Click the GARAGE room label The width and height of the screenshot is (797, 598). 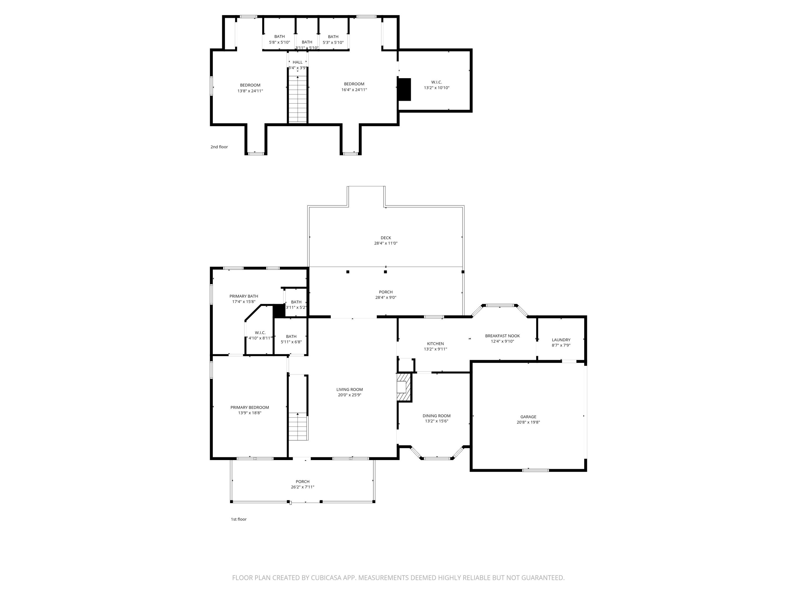(x=528, y=417)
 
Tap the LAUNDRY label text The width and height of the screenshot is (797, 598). (x=561, y=340)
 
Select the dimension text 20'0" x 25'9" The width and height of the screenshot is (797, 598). (x=350, y=395)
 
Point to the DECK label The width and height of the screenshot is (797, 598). (x=385, y=238)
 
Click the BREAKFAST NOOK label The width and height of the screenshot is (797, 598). (x=502, y=336)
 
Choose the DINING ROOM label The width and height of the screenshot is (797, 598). (x=436, y=416)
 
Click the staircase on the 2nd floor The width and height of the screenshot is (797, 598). (x=298, y=99)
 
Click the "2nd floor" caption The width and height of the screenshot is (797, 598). (x=219, y=147)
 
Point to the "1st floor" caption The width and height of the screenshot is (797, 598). (x=239, y=519)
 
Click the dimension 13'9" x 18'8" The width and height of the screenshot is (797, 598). (x=249, y=413)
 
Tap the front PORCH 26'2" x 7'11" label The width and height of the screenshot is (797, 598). (x=302, y=482)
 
